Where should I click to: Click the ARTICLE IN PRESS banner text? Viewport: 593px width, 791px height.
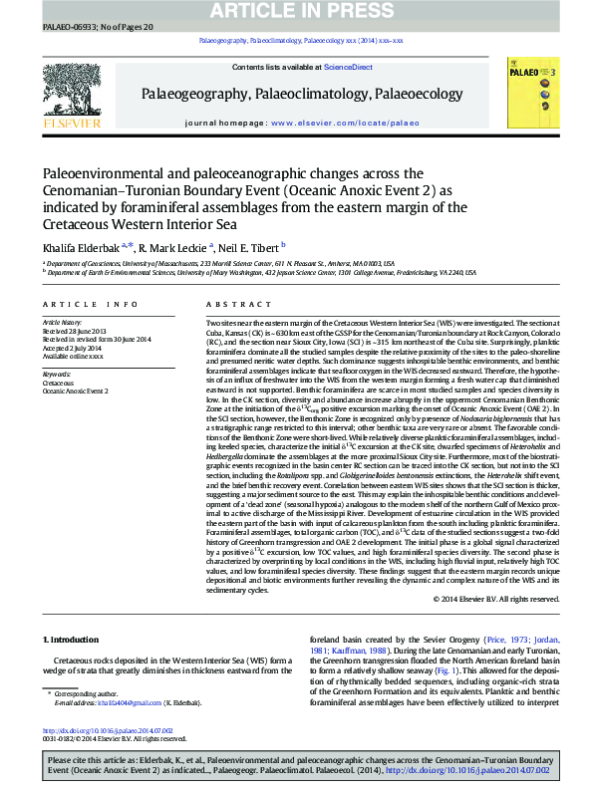(x=296, y=10)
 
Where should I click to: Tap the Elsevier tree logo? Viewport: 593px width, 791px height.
(x=70, y=90)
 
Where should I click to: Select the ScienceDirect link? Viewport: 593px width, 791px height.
(x=349, y=67)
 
